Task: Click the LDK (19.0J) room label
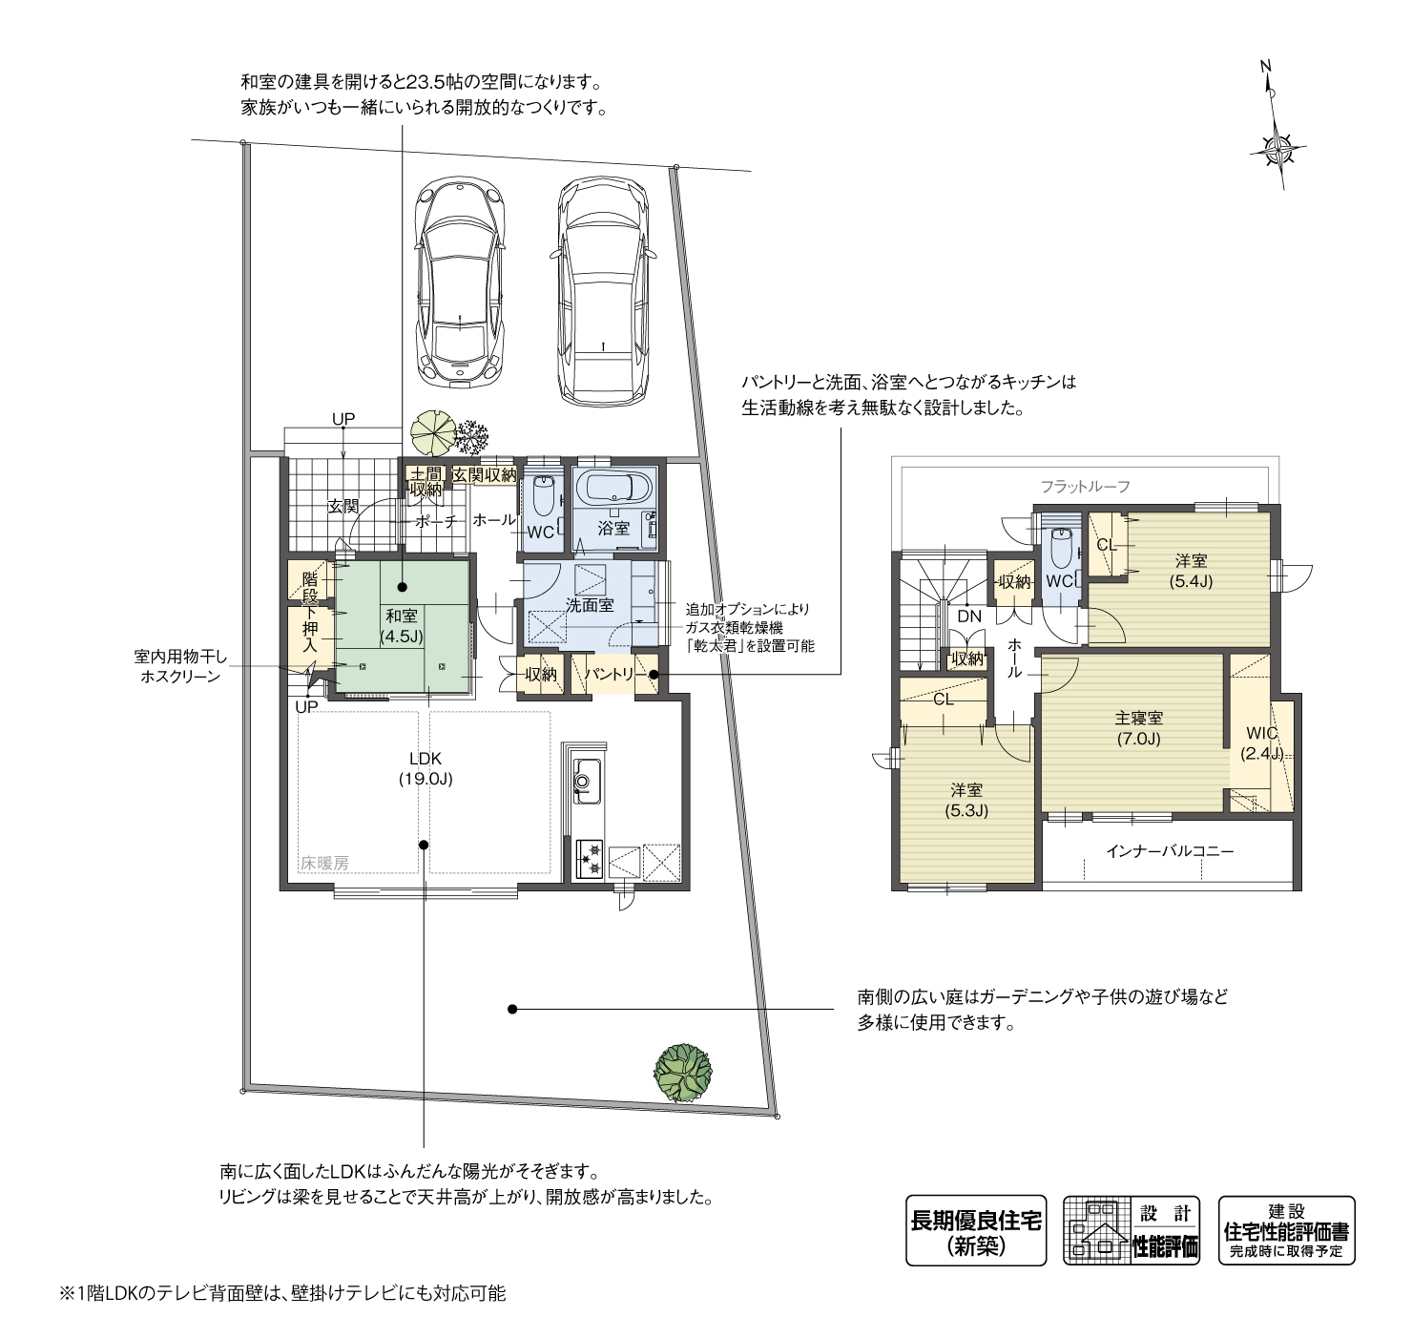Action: point(425,768)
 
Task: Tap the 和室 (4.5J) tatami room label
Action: point(402,625)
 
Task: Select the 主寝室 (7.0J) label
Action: point(1138,728)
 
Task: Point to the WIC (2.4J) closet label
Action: point(1261,742)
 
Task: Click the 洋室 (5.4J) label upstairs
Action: point(1191,571)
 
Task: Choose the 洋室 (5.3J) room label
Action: point(966,800)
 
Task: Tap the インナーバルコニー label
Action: point(1170,850)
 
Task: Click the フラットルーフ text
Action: point(1085,487)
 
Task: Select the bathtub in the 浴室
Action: point(615,490)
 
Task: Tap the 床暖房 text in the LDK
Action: point(324,863)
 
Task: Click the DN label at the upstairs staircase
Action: point(969,617)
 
